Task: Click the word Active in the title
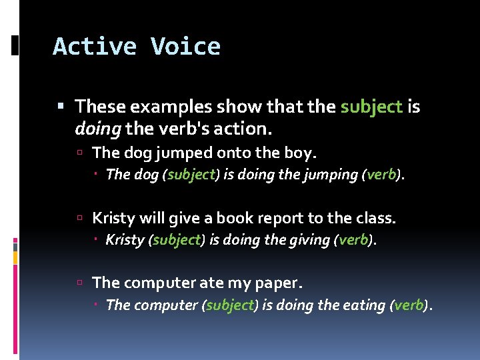[94, 47]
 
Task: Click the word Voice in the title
[185, 47]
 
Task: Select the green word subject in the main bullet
[371, 107]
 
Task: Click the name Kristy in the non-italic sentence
[113, 218]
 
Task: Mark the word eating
[364, 305]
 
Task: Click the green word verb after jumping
[381, 175]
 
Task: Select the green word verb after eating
[409, 305]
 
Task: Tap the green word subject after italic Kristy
[177, 240]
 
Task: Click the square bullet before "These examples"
[61, 107]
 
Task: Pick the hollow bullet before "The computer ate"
[79, 283]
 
